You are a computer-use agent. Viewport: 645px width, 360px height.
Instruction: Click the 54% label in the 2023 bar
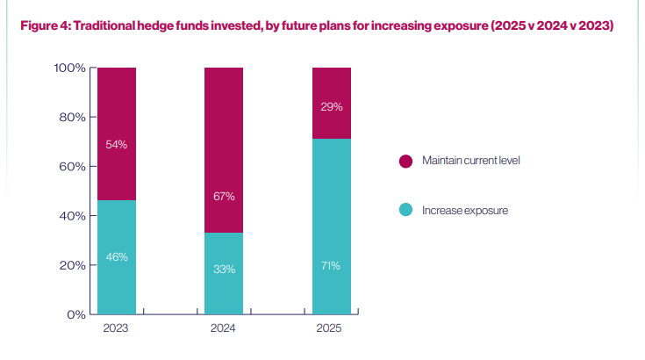tap(117, 144)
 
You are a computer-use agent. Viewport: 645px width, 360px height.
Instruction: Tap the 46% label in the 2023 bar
tap(117, 256)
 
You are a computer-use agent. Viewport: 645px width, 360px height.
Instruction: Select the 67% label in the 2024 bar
tap(224, 197)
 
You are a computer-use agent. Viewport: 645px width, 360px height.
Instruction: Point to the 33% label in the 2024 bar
tap(224, 269)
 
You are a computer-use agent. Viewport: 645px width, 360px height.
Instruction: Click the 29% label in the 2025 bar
tap(331, 106)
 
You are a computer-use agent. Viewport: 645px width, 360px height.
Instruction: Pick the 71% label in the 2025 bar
tap(331, 265)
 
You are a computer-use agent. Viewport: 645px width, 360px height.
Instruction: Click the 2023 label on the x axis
tap(116, 328)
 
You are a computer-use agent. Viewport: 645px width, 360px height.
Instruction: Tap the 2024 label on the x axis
tap(224, 328)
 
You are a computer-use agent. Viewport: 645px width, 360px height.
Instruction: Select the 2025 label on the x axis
tap(331, 328)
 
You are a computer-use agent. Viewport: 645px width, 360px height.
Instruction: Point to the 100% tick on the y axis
tap(68, 68)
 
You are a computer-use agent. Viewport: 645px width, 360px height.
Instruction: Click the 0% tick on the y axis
tap(75, 313)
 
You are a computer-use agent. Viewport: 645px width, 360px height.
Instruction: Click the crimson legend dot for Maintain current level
tap(405, 161)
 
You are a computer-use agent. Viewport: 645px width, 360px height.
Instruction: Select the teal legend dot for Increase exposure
tap(405, 210)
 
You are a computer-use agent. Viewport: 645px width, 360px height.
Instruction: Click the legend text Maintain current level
tap(471, 161)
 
